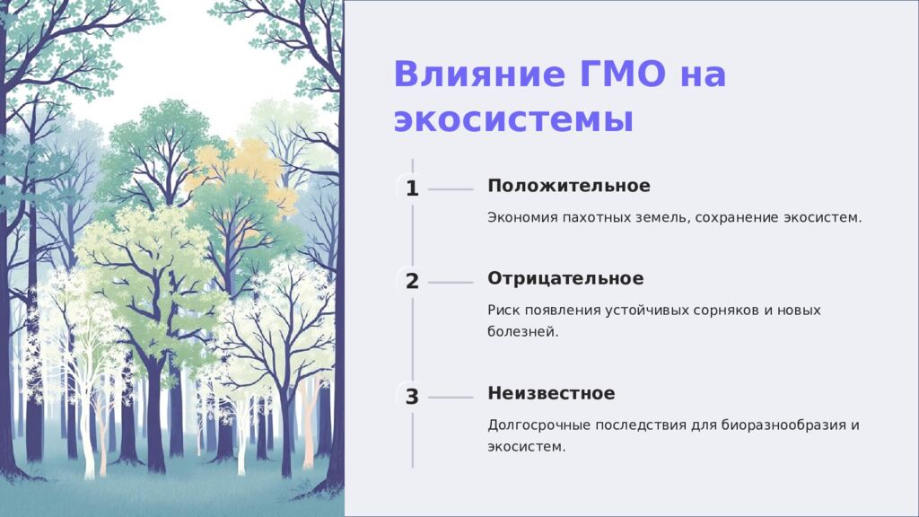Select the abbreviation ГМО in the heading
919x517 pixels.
(x=624, y=74)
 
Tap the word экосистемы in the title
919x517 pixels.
(x=513, y=120)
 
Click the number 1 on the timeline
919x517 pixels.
(x=412, y=188)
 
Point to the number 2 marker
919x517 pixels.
(x=412, y=281)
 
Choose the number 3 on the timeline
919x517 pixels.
(x=412, y=397)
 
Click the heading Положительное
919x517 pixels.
(x=568, y=186)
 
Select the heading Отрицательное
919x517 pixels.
(x=565, y=278)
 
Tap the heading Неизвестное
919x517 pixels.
(x=552, y=393)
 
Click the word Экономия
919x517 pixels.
(x=522, y=217)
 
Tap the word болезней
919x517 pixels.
(x=523, y=332)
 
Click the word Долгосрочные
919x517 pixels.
(x=538, y=425)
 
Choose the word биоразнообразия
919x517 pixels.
(x=783, y=425)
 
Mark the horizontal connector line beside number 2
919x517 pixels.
(x=451, y=283)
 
